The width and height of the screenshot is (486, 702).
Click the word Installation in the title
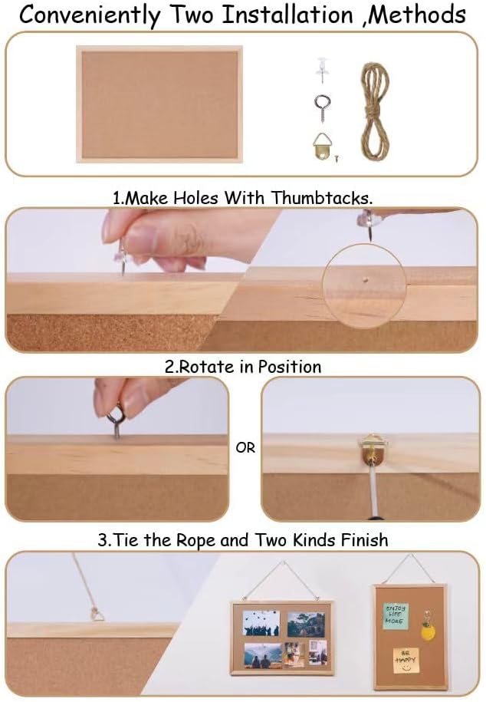287,15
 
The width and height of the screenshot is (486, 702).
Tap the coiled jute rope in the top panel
375,114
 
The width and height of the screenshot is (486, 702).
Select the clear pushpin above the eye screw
323,69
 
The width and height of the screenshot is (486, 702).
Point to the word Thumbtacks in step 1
322,197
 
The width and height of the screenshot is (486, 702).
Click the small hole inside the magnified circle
366,279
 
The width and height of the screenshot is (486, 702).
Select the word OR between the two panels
245,447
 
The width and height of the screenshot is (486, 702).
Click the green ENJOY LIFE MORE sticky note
395,615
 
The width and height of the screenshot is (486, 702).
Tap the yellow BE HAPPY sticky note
406,660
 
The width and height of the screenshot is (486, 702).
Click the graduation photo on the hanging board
261,622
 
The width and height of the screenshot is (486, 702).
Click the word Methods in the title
416,15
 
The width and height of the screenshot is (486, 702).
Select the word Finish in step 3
364,539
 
